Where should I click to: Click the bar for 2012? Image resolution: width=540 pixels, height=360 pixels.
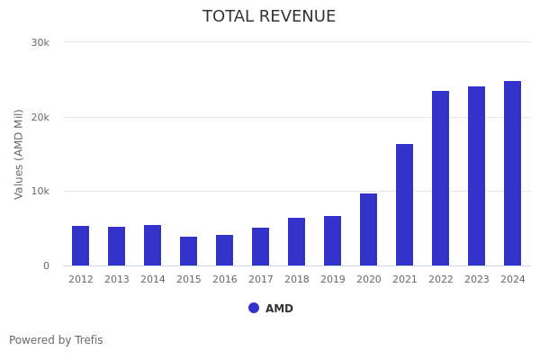pyautogui.click(x=81, y=246)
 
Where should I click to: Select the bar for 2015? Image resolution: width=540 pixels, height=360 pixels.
pyautogui.click(x=189, y=251)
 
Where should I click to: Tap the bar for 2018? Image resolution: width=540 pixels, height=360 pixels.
pyautogui.click(x=297, y=241)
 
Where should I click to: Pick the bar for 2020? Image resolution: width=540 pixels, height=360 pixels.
pyautogui.click(x=369, y=229)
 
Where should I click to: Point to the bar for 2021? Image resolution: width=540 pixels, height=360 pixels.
pyautogui.click(x=405, y=204)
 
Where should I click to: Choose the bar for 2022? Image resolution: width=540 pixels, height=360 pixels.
pyautogui.click(x=441, y=178)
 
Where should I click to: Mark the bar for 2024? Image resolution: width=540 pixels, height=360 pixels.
pyautogui.click(x=513, y=173)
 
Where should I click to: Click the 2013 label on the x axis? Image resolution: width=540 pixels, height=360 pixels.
pyautogui.click(x=117, y=280)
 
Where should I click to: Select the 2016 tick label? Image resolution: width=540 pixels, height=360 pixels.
pyautogui.click(x=225, y=280)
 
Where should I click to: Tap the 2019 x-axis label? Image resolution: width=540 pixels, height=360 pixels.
pyautogui.click(x=333, y=280)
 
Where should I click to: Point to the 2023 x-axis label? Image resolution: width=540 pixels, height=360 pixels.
pyautogui.click(x=477, y=280)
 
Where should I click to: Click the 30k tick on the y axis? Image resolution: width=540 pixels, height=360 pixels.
pyautogui.click(x=40, y=42)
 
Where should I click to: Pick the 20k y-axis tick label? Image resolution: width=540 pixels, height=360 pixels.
pyautogui.click(x=40, y=117)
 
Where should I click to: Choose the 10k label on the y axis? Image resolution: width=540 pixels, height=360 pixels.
pyautogui.click(x=40, y=192)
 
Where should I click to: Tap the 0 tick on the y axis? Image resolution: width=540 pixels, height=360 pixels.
pyautogui.click(x=45, y=266)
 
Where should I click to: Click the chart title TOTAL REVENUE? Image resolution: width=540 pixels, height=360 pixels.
pyautogui.click(x=269, y=17)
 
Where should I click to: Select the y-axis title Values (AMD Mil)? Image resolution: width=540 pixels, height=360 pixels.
pyautogui.click(x=20, y=154)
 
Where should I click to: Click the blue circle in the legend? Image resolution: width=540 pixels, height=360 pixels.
pyautogui.click(x=254, y=308)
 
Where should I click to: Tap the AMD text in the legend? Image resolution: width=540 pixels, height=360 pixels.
pyautogui.click(x=279, y=309)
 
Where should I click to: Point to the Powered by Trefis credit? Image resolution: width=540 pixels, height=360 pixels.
pyautogui.click(x=56, y=340)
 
